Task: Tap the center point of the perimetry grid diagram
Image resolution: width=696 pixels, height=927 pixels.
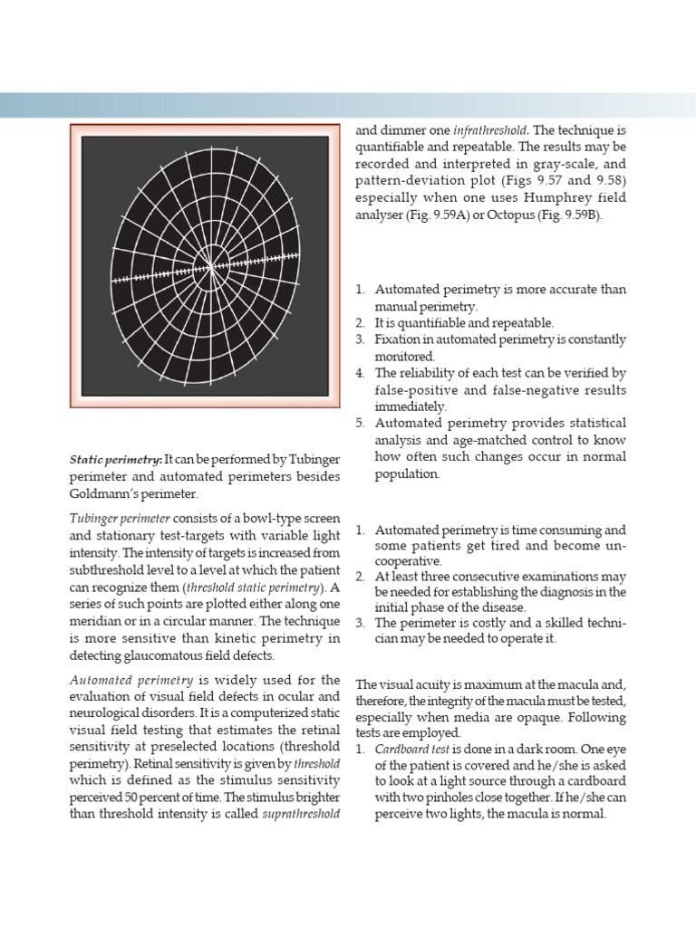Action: click(211, 267)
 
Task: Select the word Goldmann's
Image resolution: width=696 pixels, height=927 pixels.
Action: click(110, 493)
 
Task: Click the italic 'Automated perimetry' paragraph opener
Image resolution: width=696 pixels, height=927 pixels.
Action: click(130, 680)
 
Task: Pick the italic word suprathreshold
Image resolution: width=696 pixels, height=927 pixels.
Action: click(301, 813)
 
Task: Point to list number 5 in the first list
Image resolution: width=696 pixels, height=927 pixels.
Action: click(360, 424)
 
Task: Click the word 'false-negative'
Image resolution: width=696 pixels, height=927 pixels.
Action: click(513, 390)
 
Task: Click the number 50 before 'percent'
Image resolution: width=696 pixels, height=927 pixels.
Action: click(130, 797)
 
